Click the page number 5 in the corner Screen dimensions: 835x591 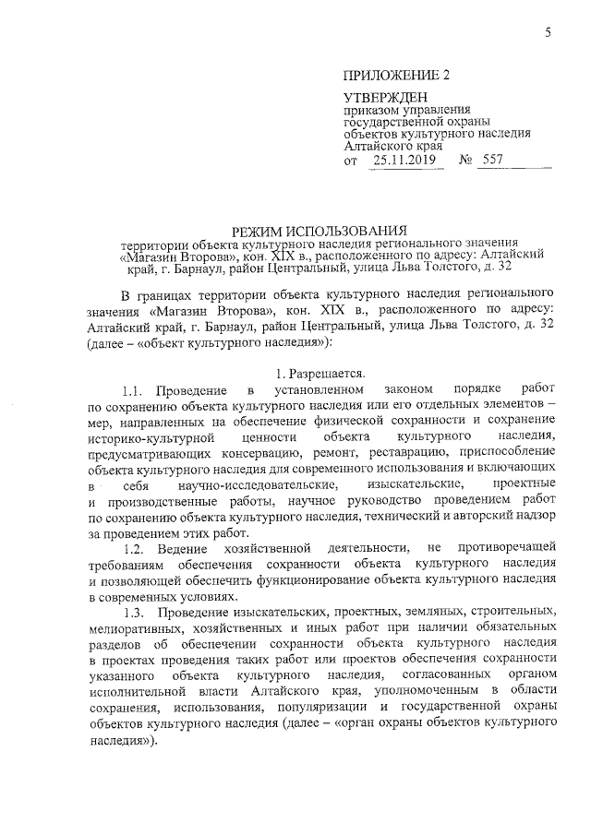click(548, 34)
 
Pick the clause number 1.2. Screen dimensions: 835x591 click(136, 550)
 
